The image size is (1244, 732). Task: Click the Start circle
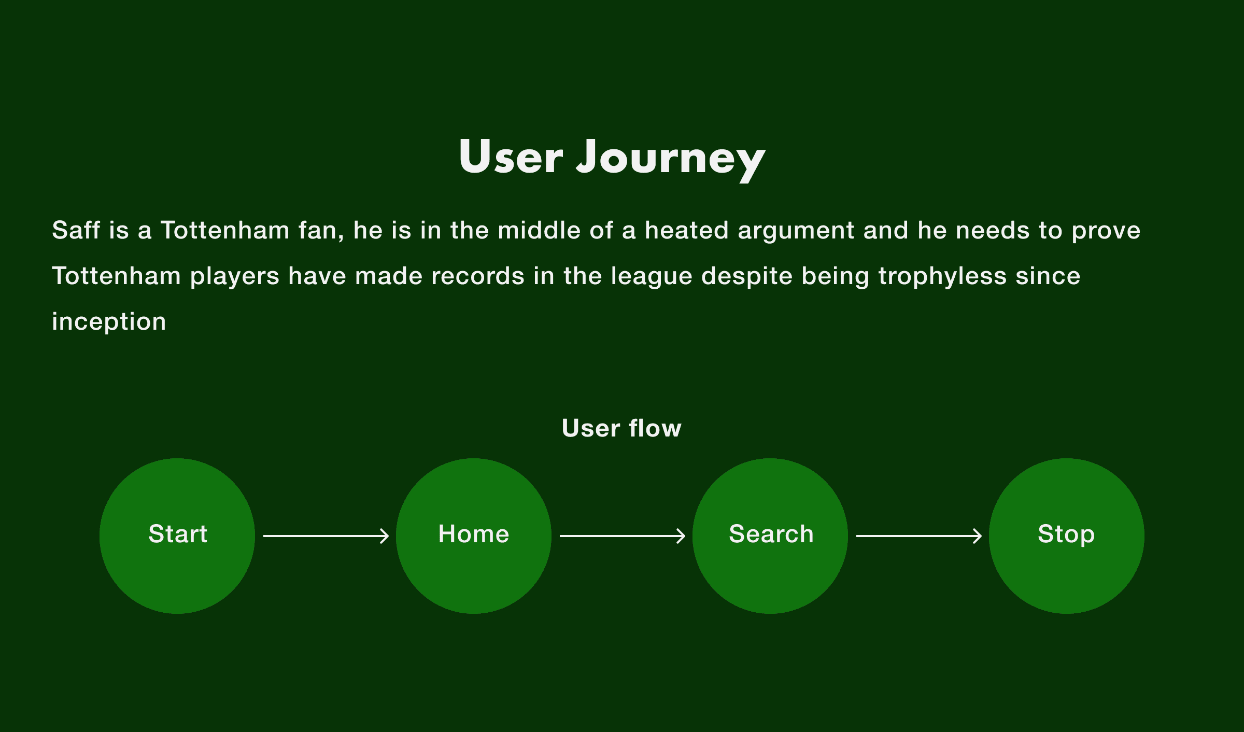[x=177, y=536]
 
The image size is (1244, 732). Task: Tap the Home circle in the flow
[x=474, y=536]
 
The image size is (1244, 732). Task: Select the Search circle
[x=770, y=536]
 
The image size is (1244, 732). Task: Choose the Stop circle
[x=1067, y=536]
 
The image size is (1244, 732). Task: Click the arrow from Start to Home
[x=326, y=536]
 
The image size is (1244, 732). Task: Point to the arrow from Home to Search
[x=623, y=536]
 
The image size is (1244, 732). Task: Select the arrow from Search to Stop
[x=919, y=536]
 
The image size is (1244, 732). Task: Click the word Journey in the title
[x=671, y=159]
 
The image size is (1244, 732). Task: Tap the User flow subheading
[x=621, y=428]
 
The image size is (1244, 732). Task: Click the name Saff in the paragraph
[x=76, y=230]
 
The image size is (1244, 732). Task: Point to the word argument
[x=796, y=232]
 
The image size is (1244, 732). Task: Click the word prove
[x=1106, y=232]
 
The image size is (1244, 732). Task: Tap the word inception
[x=109, y=323]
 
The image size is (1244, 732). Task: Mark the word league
[x=652, y=277]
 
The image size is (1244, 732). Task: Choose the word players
[x=235, y=277]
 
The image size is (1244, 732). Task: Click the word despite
[x=747, y=277]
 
